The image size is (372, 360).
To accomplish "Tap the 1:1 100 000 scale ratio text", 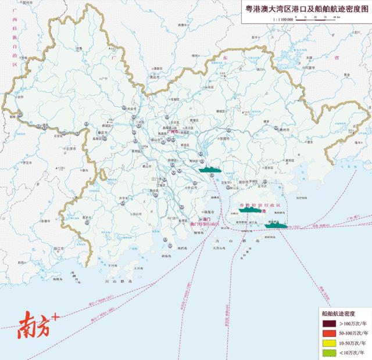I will click(282, 20).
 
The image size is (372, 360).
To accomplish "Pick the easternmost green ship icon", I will click(276, 225).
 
